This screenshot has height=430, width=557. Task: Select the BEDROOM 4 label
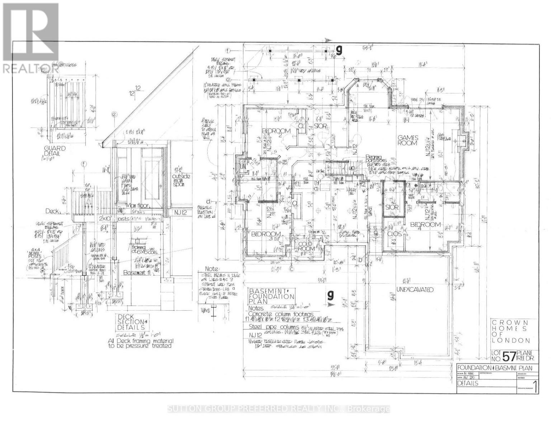425,225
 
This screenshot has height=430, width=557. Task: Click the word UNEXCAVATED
415,289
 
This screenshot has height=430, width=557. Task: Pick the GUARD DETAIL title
55,150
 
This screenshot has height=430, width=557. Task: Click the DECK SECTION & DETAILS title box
131,322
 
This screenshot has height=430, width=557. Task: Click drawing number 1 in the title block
535,387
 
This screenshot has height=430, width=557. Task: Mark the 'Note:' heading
212,268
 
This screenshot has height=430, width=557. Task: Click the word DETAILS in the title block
468,383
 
